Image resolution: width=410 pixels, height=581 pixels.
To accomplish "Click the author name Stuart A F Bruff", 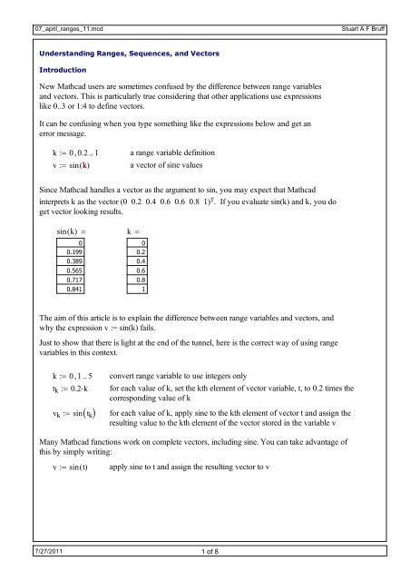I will point(376,7).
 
